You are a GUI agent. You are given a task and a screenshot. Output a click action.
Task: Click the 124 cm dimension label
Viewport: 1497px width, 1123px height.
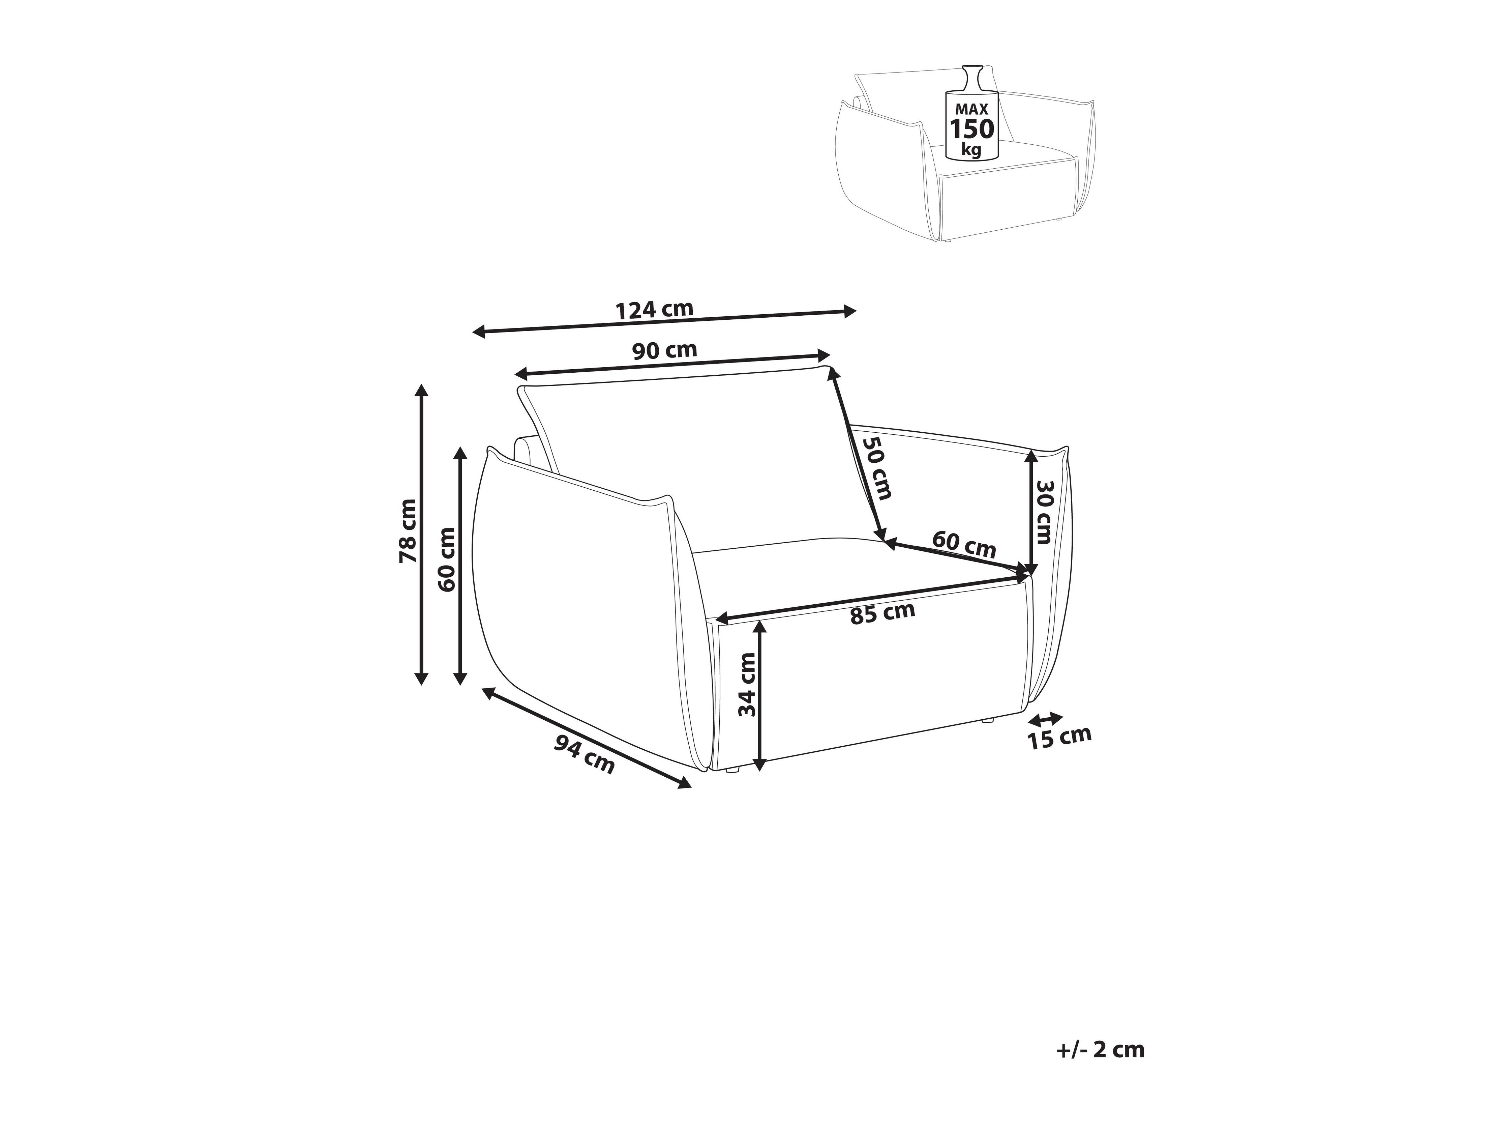[x=654, y=309]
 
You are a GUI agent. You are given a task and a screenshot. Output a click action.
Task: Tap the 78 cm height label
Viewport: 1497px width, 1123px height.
[x=408, y=531]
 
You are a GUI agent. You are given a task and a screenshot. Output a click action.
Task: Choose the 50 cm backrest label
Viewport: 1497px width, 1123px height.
[x=876, y=467]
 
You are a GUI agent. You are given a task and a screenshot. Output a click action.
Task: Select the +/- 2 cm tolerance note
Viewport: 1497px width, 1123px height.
[x=1100, y=1049]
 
